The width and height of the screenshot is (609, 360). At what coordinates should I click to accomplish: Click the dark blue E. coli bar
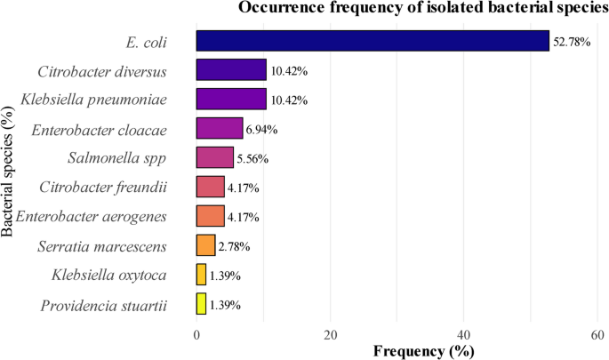point(373,41)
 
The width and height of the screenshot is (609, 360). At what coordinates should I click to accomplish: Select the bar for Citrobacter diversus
point(231,70)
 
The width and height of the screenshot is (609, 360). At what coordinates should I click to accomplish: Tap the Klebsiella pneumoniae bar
point(231,100)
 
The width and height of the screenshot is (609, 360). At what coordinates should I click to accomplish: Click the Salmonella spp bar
point(215,158)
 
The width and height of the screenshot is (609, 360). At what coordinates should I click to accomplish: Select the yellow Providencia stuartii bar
point(201,305)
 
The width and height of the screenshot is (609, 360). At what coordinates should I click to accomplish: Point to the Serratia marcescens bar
point(205,245)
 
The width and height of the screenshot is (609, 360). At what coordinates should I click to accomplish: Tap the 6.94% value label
point(261,130)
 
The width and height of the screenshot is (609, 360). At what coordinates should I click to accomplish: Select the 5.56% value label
point(252,159)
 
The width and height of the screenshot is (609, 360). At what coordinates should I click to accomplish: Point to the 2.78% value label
point(233,246)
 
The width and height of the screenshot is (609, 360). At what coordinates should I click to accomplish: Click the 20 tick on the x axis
point(330,332)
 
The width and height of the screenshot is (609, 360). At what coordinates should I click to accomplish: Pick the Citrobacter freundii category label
point(104,188)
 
